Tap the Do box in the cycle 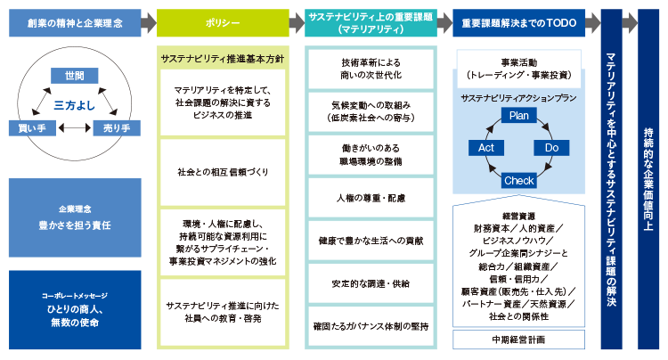click(552, 147)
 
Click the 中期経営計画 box click(517, 340)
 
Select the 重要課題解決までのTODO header click(517, 22)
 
